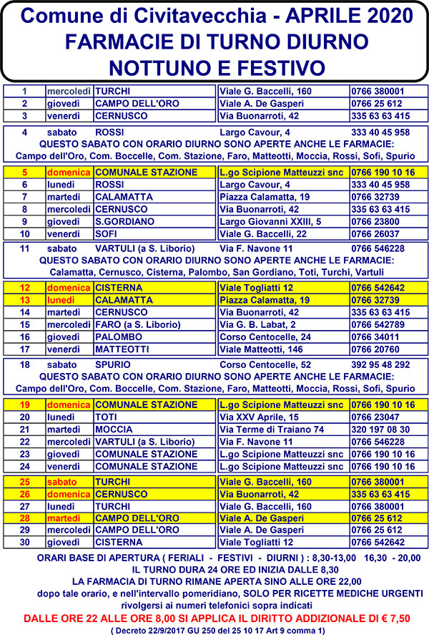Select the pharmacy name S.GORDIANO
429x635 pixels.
tap(124, 222)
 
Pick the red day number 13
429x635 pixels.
tap(24, 300)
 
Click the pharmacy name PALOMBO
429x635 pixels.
tap(117, 336)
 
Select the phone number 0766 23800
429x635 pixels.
tap(375, 222)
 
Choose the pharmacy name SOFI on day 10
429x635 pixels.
tap(107, 234)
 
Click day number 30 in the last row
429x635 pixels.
tap(24, 542)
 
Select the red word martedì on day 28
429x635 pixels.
tap(62, 518)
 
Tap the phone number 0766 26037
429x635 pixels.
tap(375, 234)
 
